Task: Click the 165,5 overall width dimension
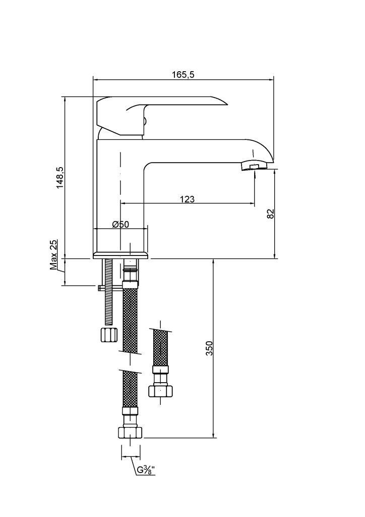click(x=183, y=75)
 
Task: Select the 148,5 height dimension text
click(x=60, y=177)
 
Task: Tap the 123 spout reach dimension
click(x=187, y=199)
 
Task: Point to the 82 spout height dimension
click(x=270, y=214)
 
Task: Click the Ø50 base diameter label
click(x=120, y=224)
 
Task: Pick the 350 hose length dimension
click(x=209, y=348)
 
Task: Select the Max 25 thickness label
click(x=53, y=254)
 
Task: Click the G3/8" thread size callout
click(x=146, y=470)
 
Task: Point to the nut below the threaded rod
click(x=109, y=335)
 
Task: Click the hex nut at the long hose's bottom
click(x=131, y=432)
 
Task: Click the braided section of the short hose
click(x=161, y=348)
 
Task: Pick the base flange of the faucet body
click(x=120, y=255)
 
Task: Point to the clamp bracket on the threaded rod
click(x=110, y=288)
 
